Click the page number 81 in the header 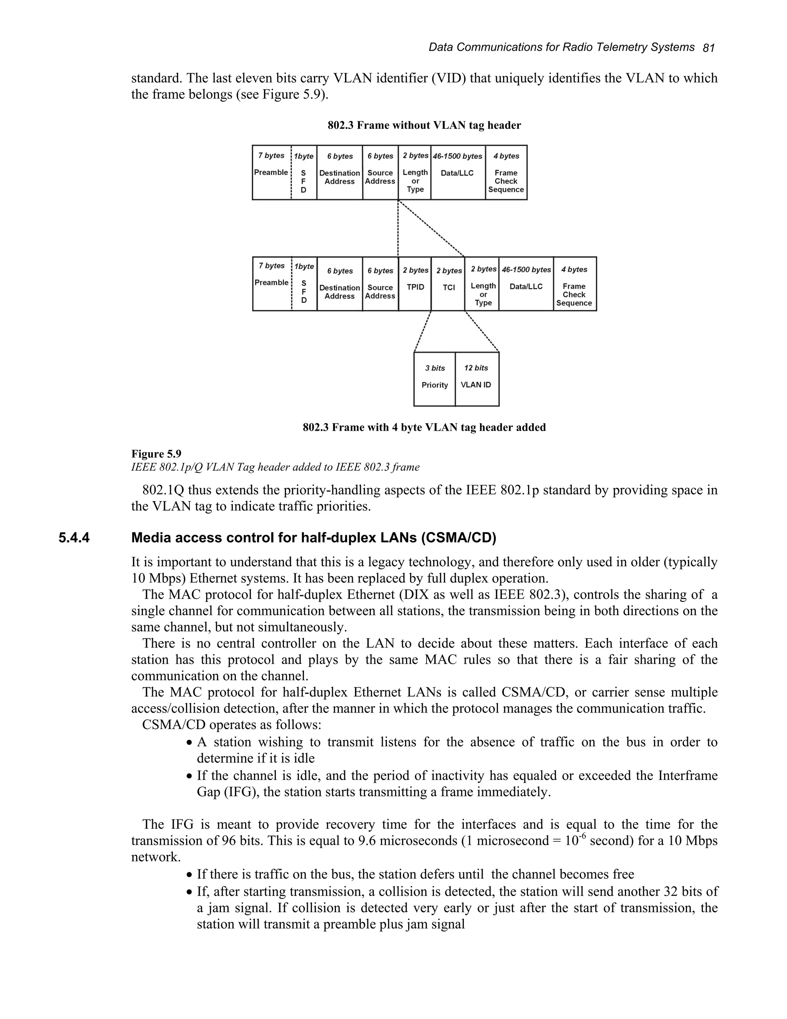(x=708, y=48)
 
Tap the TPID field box (x=415, y=284)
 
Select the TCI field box (x=448, y=284)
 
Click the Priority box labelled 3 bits (x=435, y=379)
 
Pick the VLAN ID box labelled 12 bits (x=477, y=379)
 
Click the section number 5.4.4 (x=74, y=538)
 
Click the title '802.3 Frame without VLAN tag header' (x=424, y=125)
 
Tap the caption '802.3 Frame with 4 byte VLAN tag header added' (x=424, y=427)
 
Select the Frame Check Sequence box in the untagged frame (x=506, y=173)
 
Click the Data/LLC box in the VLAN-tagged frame (x=526, y=284)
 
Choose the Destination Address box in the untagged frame (x=339, y=173)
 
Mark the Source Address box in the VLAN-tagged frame (x=380, y=284)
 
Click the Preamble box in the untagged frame (x=271, y=173)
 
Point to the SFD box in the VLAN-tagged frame (x=304, y=284)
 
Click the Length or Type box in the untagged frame (x=415, y=173)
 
